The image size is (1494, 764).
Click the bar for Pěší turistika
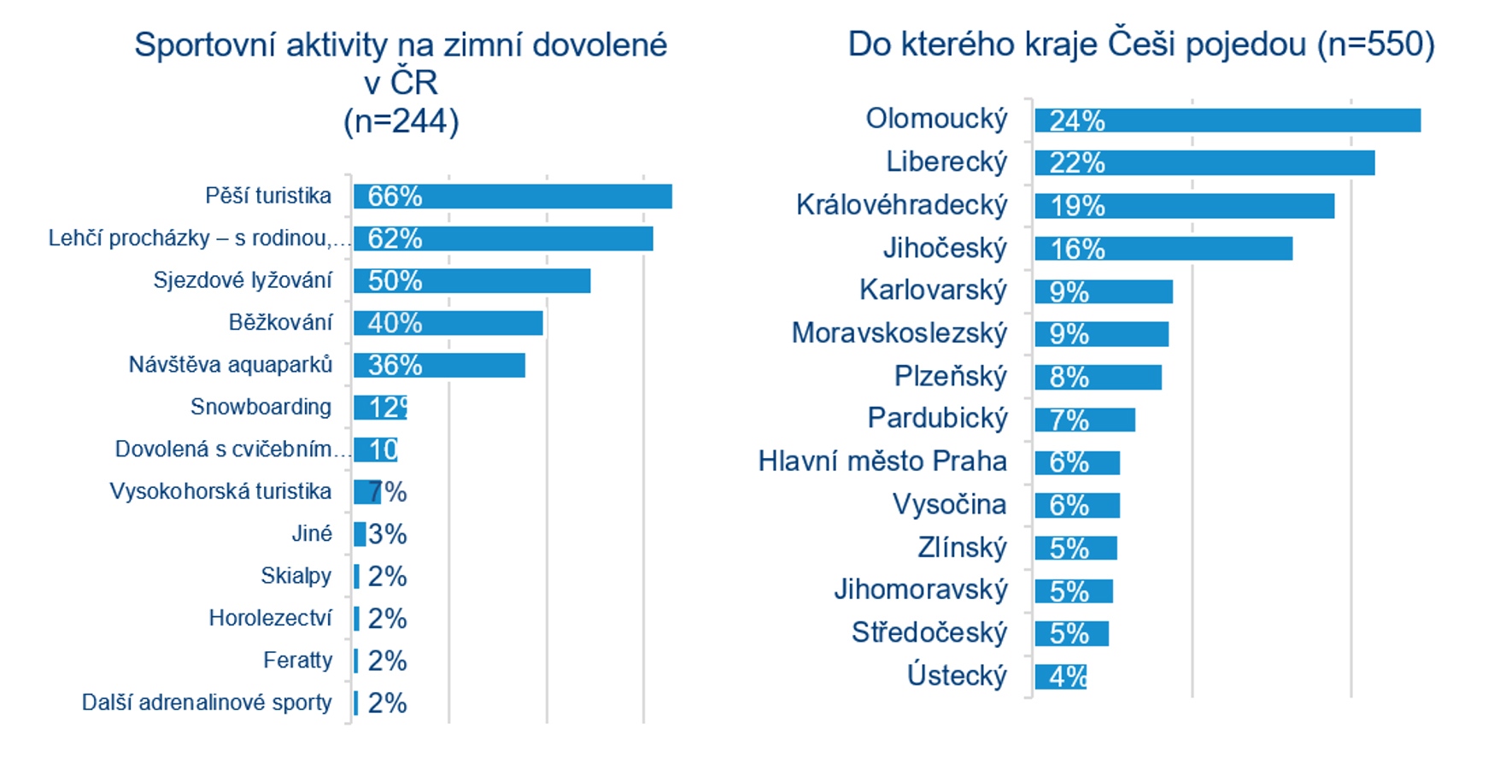513,197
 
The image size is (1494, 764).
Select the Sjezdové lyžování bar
472,281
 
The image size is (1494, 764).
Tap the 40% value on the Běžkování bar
395,323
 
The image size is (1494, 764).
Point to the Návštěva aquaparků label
230,365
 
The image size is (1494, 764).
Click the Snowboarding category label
261,407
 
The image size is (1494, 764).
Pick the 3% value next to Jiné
387,534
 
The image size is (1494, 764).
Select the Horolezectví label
270,618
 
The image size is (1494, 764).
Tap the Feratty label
297,660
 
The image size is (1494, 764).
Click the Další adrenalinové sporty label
206,702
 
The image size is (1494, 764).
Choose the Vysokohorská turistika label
220,491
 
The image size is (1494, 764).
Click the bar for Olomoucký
1227,120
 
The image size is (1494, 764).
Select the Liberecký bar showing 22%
1204,163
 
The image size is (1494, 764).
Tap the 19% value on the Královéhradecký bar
1077,206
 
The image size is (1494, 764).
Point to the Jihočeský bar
1163,249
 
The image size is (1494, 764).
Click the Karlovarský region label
933,291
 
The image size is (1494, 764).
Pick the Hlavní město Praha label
882,461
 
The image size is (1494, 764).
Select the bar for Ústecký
1060,677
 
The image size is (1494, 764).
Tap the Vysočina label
949,504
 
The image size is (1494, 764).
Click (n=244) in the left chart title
401,121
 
